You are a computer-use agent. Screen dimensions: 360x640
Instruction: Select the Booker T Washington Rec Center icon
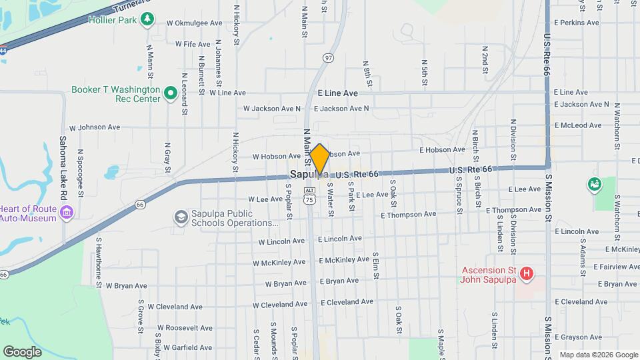point(170,93)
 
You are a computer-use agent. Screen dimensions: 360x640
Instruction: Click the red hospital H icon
point(527,273)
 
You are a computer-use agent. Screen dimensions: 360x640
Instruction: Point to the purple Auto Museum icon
point(66,213)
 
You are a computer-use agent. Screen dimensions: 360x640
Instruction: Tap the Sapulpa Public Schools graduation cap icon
point(181,217)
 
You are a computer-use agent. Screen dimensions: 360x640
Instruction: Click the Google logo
point(22,351)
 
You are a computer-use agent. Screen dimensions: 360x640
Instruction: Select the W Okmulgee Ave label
point(195,23)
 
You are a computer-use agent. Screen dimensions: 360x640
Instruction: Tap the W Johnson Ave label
point(95,127)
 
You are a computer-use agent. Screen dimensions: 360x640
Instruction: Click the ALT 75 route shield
point(309,196)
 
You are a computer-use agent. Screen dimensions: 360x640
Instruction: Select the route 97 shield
point(328,57)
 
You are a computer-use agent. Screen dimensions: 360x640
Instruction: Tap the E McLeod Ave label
point(581,125)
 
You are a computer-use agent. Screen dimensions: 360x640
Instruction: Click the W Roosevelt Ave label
point(183,328)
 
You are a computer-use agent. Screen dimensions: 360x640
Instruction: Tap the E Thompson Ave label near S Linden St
point(513,210)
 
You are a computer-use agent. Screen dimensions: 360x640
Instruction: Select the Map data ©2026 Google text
point(597,355)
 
